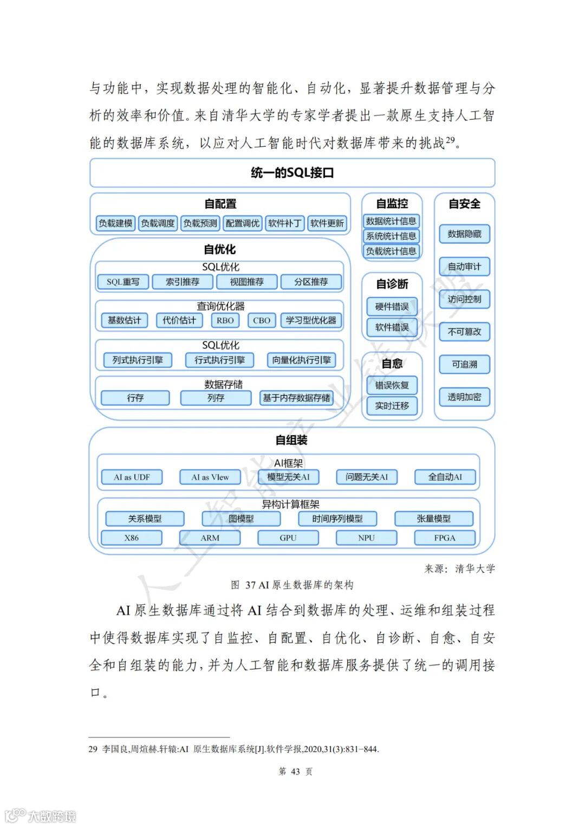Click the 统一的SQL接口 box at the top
[x=292, y=173]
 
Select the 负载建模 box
[x=115, y=223]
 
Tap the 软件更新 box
[x=327, y=223]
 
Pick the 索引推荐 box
[x=183, y=282]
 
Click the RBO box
[x=225, y=320]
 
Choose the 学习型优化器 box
[x=311, y=320]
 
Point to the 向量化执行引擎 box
[x=301, y=360]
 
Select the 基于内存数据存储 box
[x=296, y=398]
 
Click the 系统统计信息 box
[x=391, y=236]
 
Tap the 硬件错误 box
[x=392, y=307]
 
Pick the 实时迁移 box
[x=392, y=406]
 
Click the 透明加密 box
[x=464, y=397]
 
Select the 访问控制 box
[x=464, y=299]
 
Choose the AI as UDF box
[x=132, y=477]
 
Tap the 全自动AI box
[x=445, y=477]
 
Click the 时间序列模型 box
[x=337, y=519]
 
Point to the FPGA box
[x=445, y=538]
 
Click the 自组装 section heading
[x=291, y=440]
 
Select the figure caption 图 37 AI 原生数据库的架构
[x=292, y=585]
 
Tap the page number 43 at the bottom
[x=295, y=771]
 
